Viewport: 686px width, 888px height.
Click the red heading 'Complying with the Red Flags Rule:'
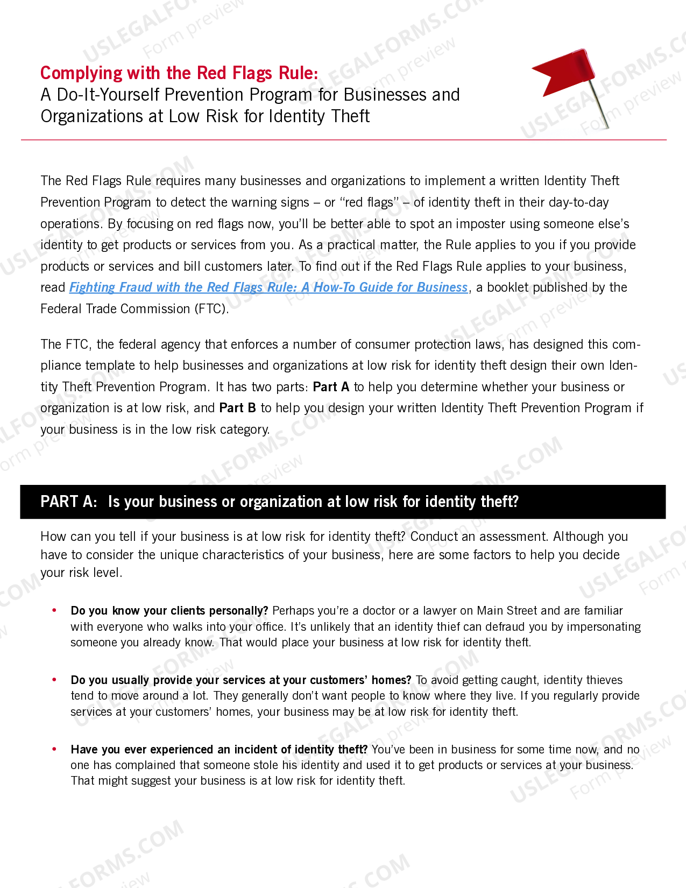(179, 73)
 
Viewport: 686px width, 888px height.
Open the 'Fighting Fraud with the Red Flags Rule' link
(268, 287)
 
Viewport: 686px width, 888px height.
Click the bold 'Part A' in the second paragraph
(331, 387)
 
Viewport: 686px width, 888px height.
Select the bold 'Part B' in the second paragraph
(237, 408)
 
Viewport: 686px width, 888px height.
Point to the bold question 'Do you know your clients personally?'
(169, 611)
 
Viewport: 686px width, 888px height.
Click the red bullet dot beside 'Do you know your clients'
(54, 610)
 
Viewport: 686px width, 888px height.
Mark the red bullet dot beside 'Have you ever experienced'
(54, 749)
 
